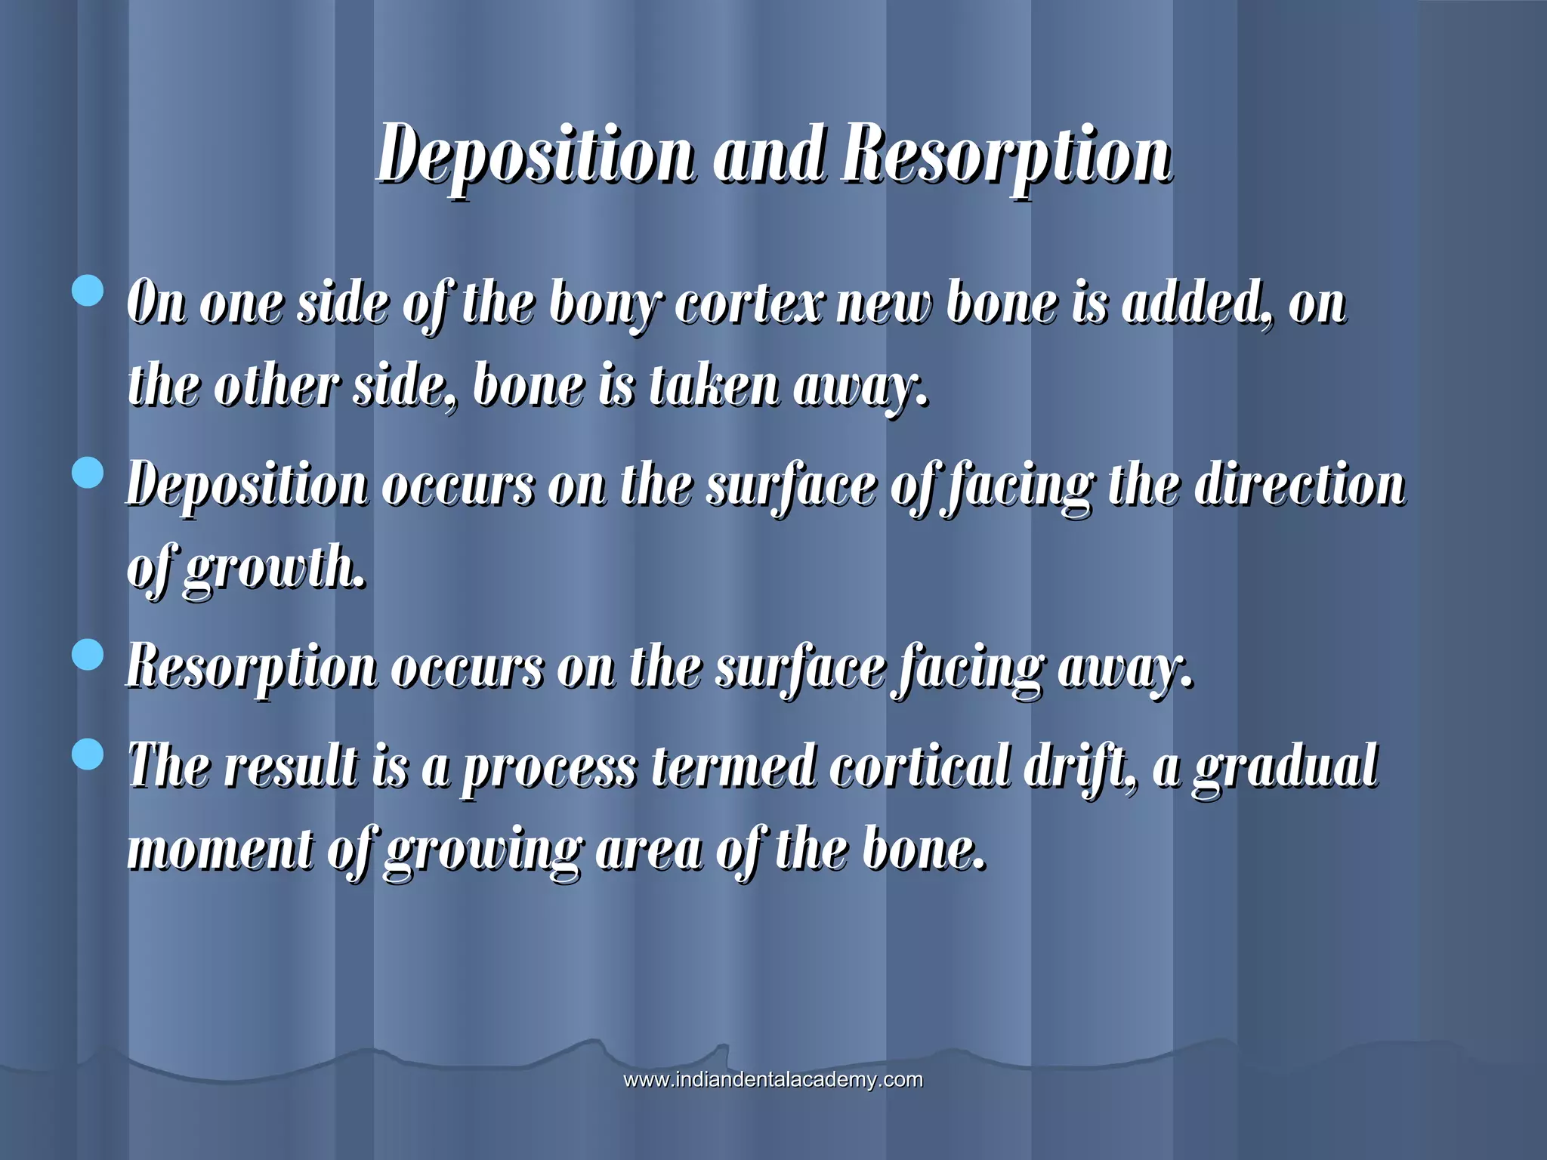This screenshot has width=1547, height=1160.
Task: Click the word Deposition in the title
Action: coord(535,155)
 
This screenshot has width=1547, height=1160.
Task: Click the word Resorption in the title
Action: coord(1008,155)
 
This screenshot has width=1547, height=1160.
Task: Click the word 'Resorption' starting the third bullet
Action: coord(252,669)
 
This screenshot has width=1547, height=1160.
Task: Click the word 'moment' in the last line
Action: coord(220,849)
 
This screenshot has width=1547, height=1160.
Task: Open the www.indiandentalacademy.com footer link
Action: coord(773,1080)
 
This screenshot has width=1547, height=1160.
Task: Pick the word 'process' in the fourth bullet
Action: coord(549,767)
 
